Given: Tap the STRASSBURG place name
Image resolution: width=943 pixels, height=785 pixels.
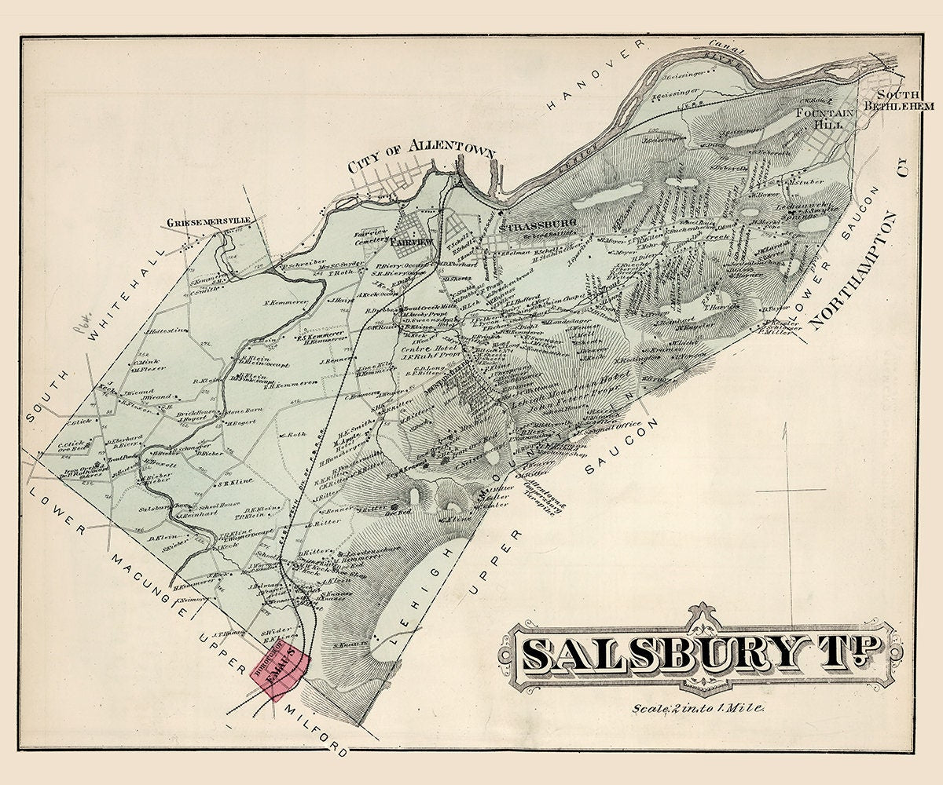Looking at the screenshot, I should click(539, 225).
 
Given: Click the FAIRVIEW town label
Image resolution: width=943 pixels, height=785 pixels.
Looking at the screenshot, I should click(412, 243).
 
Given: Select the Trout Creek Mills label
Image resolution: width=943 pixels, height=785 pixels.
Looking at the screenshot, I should click(427, 307).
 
